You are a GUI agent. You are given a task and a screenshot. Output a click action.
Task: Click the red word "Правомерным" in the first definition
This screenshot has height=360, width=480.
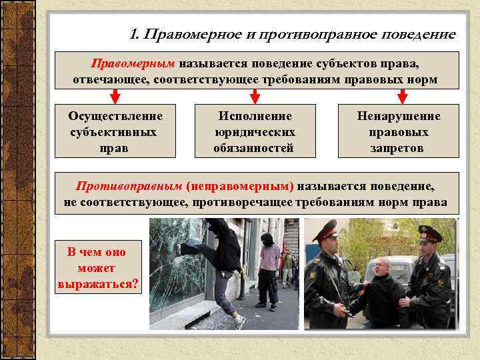click(133, 63)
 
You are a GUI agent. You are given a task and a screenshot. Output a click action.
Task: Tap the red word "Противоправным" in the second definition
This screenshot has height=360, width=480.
click(129, 186)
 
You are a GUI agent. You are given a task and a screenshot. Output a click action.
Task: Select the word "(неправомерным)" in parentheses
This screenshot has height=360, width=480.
click(241, 186)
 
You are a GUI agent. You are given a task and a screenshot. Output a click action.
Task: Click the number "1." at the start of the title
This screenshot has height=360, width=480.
click(135, 34)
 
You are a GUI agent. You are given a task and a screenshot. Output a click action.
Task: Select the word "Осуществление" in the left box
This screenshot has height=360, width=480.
click(115, 116)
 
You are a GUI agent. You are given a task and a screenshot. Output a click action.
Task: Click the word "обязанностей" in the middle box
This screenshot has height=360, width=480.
click(253, 147)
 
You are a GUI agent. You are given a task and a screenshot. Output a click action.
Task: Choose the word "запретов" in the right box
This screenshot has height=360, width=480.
click(397, 147)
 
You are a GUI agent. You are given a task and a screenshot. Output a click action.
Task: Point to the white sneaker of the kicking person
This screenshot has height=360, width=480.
click(239, 321)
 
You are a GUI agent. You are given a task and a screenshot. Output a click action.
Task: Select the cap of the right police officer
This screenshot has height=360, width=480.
click(430, 233)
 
